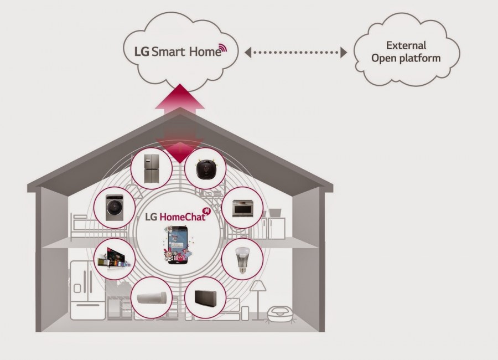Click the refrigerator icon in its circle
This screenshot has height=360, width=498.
151,168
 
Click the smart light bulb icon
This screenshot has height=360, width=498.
241,259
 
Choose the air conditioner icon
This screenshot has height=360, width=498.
151,298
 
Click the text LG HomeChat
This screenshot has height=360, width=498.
174,217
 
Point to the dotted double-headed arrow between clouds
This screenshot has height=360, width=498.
295,53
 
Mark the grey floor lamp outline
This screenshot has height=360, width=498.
258,299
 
